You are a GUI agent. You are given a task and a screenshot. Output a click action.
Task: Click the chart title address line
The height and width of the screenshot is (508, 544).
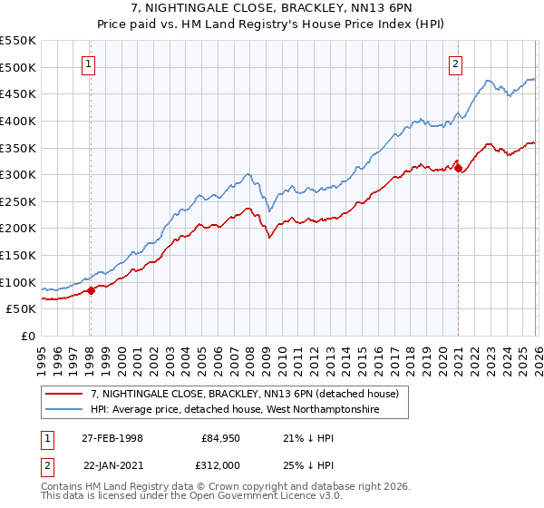(272, 8)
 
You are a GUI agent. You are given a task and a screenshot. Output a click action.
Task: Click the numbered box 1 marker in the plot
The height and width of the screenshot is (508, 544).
(89, 63)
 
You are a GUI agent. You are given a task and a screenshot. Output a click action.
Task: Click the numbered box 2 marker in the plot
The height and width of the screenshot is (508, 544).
(454, 63)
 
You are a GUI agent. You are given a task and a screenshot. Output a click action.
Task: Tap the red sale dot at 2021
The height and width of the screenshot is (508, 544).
(458, 168)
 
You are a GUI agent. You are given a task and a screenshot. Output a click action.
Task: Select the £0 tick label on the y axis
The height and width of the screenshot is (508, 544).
(27, 336)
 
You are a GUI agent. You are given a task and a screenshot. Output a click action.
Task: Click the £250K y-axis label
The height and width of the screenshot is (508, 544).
(18, 201)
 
